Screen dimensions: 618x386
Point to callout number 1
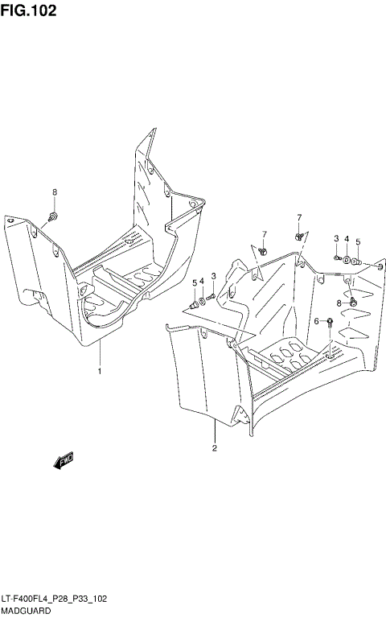(x=99, y=371)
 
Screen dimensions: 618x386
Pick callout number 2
(x=215, y=447)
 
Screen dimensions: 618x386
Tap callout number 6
(x=316, y=321)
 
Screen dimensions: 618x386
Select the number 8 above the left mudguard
(x=55, y=192)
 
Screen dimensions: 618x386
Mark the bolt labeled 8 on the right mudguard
(x=352, y=302)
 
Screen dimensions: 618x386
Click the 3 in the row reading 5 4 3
(x=213, y=277)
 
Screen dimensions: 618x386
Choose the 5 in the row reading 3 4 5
(x=358, y=241)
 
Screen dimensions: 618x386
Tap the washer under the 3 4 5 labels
(x=347, y=260)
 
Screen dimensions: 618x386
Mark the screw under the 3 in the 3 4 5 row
(x=337, y=257)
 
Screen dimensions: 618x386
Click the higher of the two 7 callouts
(x=298, y=217)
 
